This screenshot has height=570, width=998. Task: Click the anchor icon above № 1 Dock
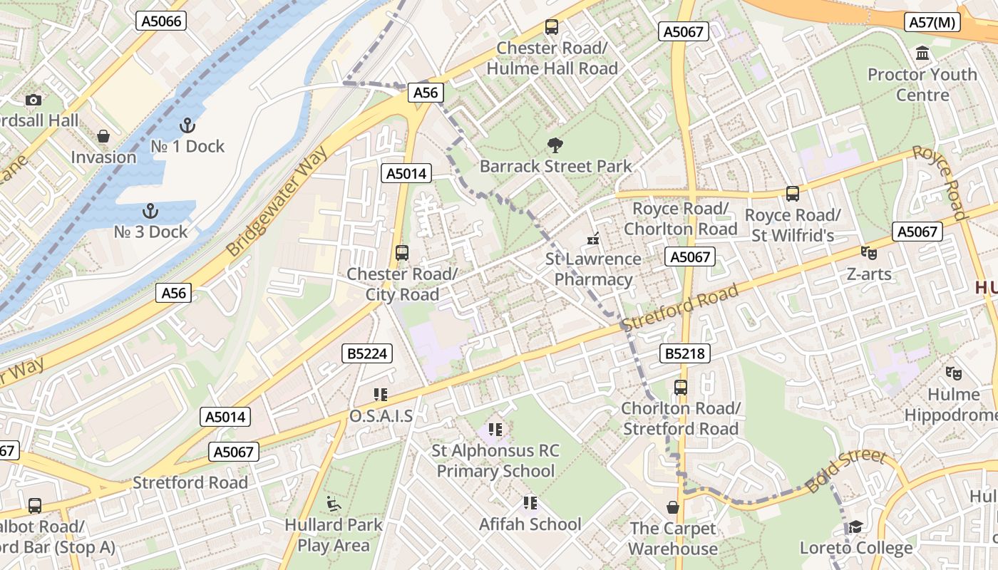pyautogui.click(x=187, y=125)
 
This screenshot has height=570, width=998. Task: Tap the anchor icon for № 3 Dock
pyautogui.click(x=150, y=211)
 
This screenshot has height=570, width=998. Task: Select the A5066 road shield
pyautogui.click(x=162, y=21)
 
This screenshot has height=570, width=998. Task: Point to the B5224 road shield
pyautogui.click(x=367, y=353)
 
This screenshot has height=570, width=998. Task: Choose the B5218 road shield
pyautogui.click(x=684, y=353)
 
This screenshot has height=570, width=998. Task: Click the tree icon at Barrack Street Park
pyautogui.click(x=555, y=146)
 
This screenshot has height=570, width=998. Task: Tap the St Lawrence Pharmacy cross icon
pyautogui.click(x=593, y=239)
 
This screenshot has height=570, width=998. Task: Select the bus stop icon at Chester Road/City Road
pyautogui.click(x=401, y=253)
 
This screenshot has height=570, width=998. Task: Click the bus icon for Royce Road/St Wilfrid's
pyautogui.click(x=792, y=194)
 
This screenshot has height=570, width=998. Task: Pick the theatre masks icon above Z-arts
pyautogui.click(x=868, y=252)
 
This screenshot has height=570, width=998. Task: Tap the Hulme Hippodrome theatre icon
pyautogui.click(x=952, y=373)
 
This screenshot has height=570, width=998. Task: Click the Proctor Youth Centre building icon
pyautogui.click(x=922, y=53)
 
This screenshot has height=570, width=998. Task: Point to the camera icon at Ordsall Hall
pyautogui.click(x=33, y=100)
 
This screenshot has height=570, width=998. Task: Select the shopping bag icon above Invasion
pyautogui.click(x=103, y=136)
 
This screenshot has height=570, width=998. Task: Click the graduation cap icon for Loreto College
pyautogui.click(x=855, y=527)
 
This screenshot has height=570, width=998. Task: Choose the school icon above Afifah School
pyautogui.click(x=530, y=503)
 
